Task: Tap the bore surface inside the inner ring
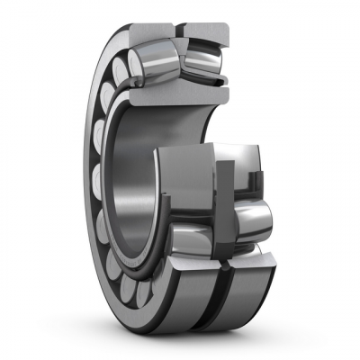135,180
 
